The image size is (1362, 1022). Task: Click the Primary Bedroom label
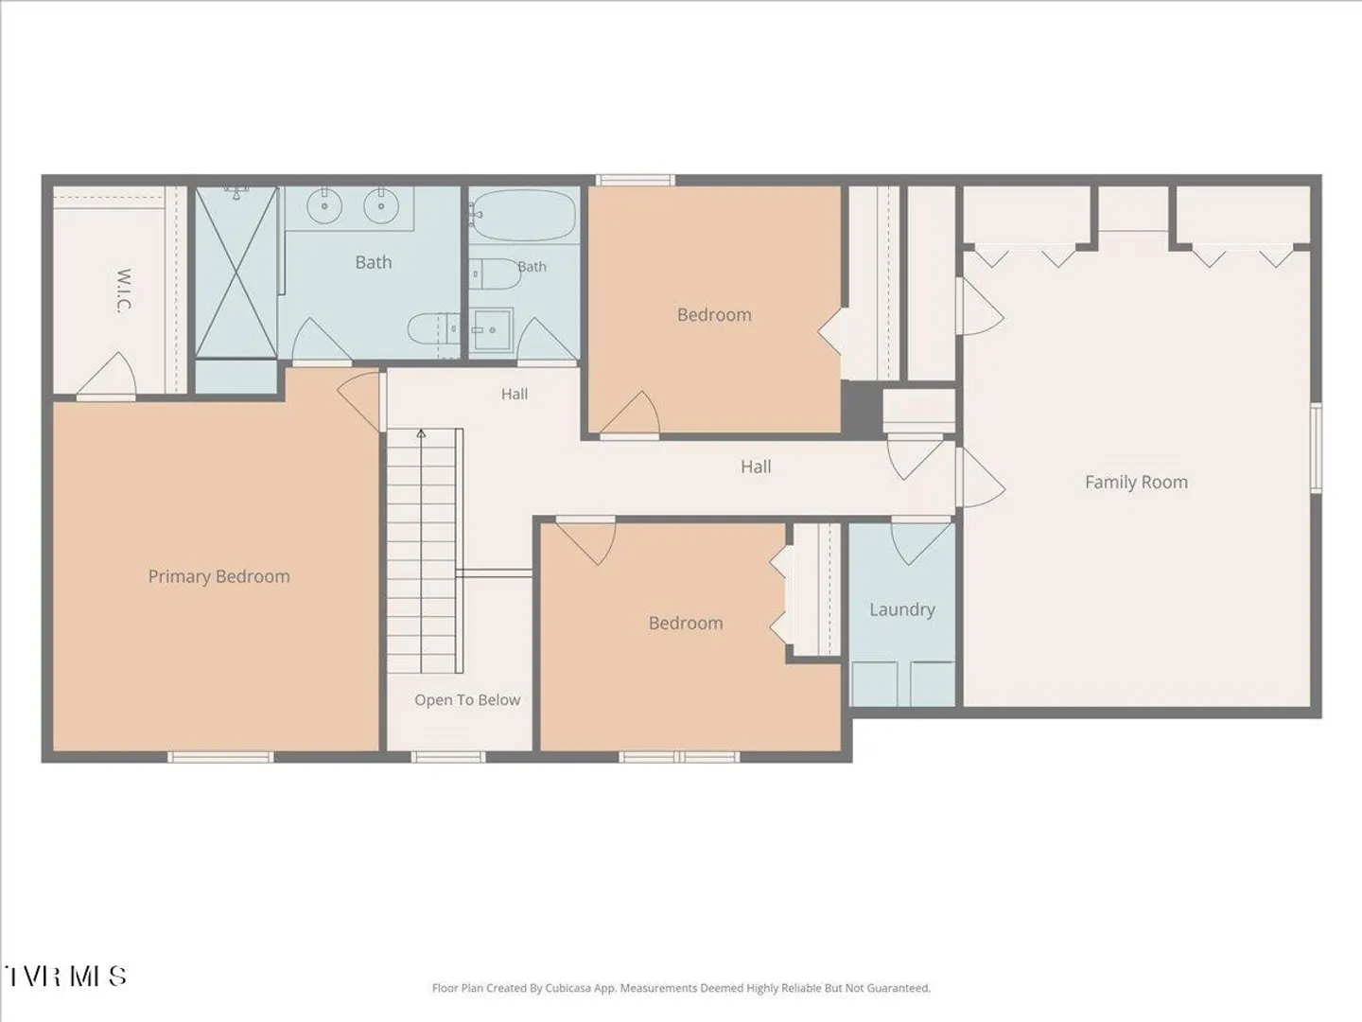[219, 576]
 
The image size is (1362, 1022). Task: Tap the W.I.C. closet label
[124, 291]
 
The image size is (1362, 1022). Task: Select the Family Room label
[1136, 483]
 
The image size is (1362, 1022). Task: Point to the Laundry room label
[902, 609]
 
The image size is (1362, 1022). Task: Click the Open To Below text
[467, 700]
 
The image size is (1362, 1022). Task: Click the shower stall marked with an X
[236, 273]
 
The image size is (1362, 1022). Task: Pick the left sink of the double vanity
[324, 206]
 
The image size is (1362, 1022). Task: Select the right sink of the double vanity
[380, 206]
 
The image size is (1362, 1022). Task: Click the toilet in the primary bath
[433, 328]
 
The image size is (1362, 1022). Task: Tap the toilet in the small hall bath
[496, 274]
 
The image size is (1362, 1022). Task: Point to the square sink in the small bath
[491, 330]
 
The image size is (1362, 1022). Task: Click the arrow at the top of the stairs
[421, 433]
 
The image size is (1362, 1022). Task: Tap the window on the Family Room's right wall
[1316, 448]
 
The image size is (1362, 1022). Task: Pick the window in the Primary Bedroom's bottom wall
[220, 757]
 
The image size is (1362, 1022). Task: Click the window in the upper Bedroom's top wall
[636, 180]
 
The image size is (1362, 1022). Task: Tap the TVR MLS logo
[64, 976]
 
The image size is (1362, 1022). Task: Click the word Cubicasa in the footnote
[568, 988]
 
